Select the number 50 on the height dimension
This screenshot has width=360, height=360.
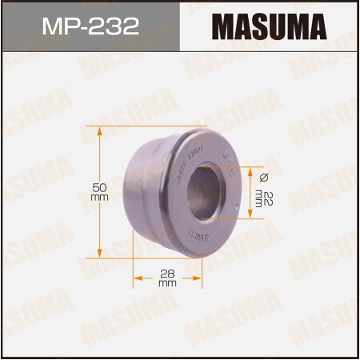coord(99,185)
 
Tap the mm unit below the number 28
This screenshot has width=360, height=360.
coord(166,283)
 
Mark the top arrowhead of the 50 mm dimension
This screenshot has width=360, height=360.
coord(99,128)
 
